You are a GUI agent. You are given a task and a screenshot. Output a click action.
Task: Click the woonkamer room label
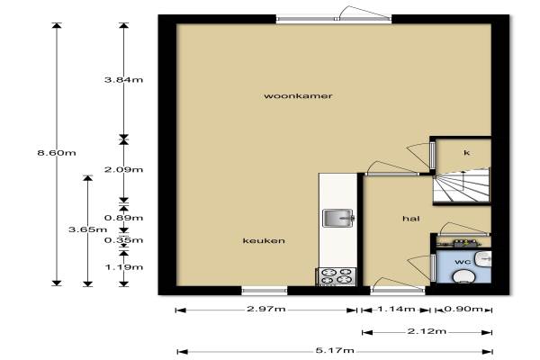click(298, 95)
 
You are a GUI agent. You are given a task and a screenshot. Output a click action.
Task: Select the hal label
click(411, 219)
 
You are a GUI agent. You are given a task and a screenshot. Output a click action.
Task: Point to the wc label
click(463, 262)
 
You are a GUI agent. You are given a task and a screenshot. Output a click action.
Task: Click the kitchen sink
click(338, 218)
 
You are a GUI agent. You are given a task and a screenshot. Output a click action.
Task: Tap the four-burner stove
click(336, 276)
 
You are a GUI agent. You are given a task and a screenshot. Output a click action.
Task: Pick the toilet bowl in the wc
click(463, 276)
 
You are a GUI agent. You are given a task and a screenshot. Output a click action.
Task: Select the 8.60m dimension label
click(57, 153)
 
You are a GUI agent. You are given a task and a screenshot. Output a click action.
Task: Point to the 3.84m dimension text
click(123, 80)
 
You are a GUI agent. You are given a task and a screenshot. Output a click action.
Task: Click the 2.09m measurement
click(123, 169)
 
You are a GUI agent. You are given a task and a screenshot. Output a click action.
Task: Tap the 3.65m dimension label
click(87, 229)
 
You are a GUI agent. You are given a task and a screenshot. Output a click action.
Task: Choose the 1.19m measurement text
click(123, 267)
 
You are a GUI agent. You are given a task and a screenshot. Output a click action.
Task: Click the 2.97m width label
click(265, 309)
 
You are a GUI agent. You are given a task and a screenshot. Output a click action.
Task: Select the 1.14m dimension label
click(396, 309)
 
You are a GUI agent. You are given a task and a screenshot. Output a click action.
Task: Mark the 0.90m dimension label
click(463, 309)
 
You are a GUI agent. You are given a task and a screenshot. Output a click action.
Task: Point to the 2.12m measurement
click(427, 331)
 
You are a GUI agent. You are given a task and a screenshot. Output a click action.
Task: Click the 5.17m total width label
click(335, 350)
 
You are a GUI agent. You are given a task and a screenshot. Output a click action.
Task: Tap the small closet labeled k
click(463, 154)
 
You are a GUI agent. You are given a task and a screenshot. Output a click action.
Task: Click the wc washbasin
click(484, 258)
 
